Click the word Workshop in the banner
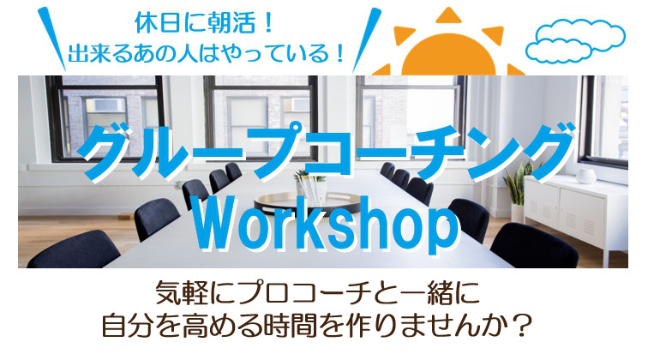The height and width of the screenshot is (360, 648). [326, 224]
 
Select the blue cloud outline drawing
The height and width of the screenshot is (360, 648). [575, 41]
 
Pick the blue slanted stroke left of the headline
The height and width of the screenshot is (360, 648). [51, 39]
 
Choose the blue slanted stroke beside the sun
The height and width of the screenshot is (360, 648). [367, 39]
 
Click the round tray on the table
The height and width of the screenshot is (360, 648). [307, 202]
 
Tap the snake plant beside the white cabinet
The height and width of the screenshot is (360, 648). [519, 184]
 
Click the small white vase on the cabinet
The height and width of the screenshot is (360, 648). [586, 176]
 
